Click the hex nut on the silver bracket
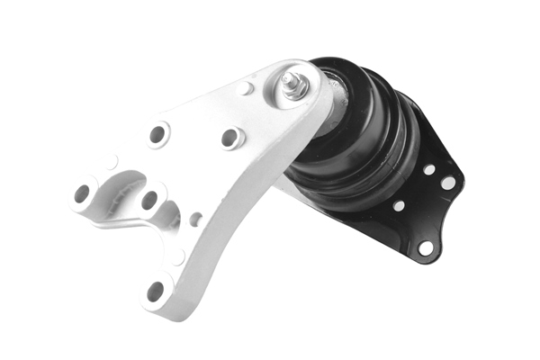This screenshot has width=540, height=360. point(292,87)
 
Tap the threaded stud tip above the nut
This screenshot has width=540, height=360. point(291,76)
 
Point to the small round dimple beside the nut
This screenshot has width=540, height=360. point(247,88)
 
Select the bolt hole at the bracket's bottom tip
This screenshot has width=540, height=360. point(156,291)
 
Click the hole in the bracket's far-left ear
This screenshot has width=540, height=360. point(83,192)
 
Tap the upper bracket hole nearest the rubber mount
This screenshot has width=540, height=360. point(231,138)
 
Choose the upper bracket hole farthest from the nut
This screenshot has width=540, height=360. point(157,134)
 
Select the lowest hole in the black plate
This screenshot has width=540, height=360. point(425,247)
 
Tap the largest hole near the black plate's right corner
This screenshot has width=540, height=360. point(448,183)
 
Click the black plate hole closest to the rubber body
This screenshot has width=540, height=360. point(399,205)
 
